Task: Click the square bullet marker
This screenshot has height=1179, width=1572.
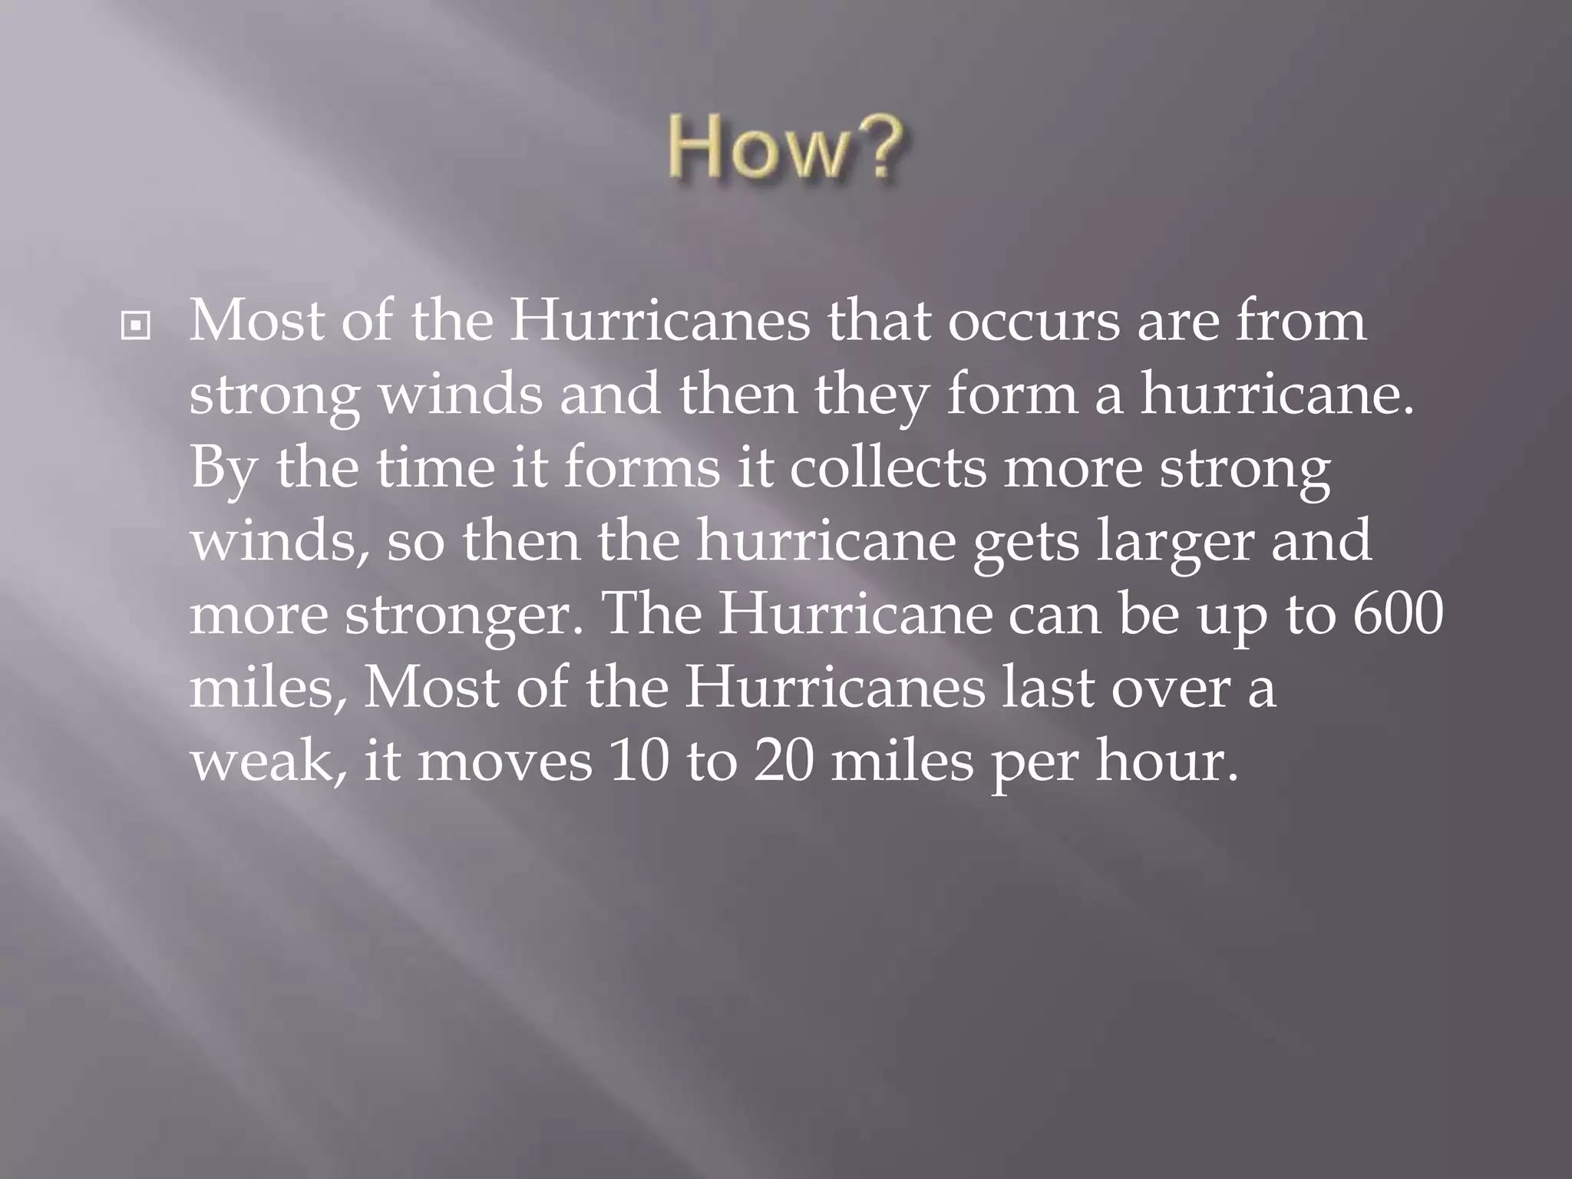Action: click(x=136, y=326)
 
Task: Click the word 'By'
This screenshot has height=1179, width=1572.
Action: click(x=223, y=467)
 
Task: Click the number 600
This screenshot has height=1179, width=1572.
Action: click(x=1397, y=613)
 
